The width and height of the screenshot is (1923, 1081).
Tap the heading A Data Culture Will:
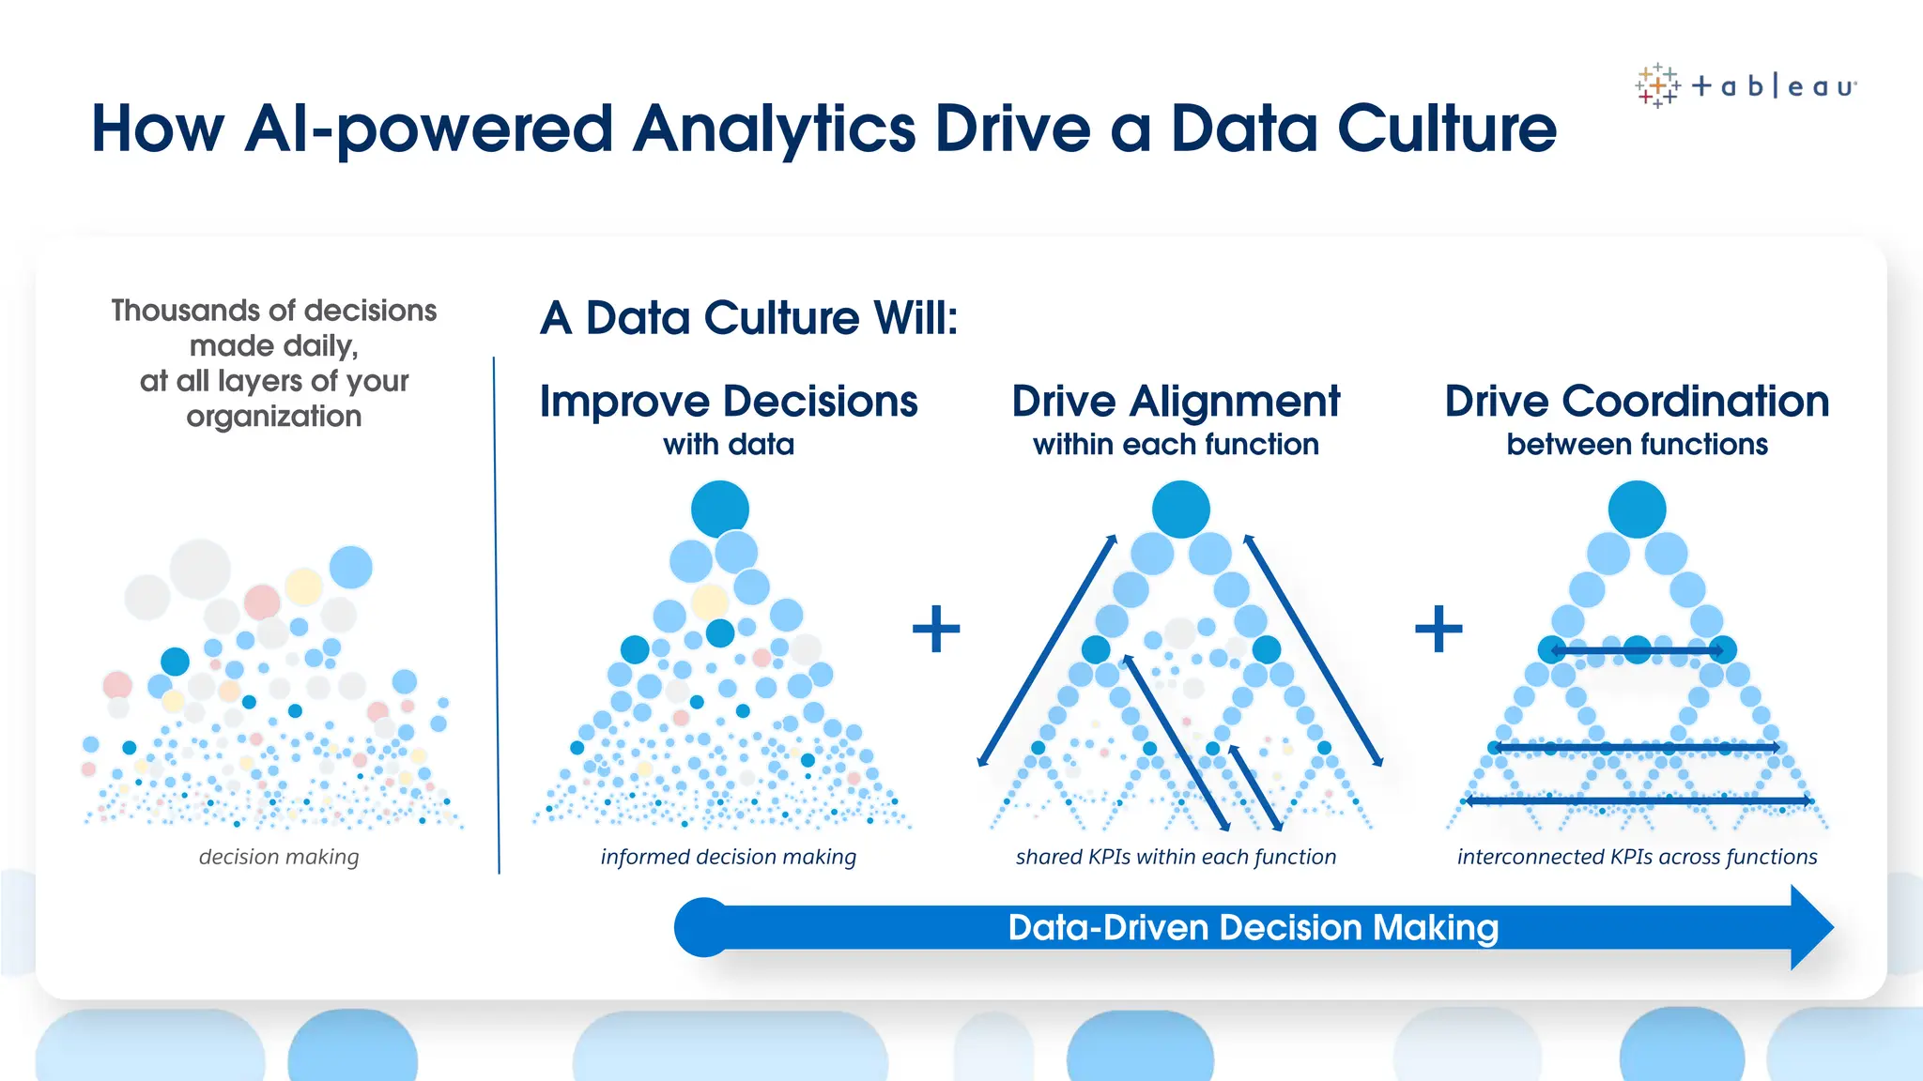(x=748, y=318)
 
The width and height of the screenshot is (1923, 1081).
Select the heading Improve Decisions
(x=728, y=402)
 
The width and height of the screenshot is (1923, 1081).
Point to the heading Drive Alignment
(x=1176, y=402)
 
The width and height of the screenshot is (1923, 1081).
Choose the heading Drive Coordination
(x=1637, y=402)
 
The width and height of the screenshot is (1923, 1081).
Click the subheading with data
(x=728, y=445)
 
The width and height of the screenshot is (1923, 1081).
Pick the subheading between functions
(x=1637, y=445)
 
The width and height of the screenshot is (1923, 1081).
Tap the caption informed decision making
(x=728, y=857)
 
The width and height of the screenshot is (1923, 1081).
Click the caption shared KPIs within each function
(x=1176, y=857)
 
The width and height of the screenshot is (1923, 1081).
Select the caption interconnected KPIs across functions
(x=1637, y=857)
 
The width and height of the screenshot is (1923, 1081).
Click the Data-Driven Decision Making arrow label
(x=1253, y=928)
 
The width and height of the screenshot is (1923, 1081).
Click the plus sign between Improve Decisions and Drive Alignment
(x=936, y=629)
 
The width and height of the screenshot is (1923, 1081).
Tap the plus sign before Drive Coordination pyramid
(x=1438, y=629)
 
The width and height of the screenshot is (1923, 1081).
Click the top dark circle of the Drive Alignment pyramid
(x=1180, y=509)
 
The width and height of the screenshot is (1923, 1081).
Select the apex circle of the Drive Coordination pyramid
(x=1637, y=509)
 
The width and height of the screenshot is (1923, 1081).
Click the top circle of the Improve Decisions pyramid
(x=720, y=509)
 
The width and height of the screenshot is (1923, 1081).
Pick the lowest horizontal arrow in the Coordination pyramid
(x=1638, y=800)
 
